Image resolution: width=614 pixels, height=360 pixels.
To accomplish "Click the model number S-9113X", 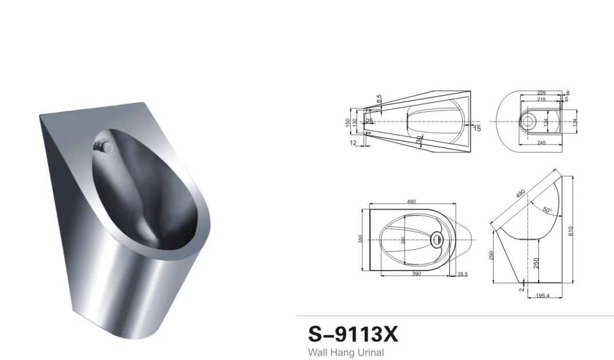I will pyautogui.click(x=353, y=334).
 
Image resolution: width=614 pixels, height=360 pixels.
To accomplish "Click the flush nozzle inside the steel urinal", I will pyautogui.click(x=103, y=146).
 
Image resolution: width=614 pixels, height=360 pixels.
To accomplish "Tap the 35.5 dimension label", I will pyautogui.click(x=462, y=275).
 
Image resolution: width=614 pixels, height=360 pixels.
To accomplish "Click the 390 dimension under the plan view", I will pyautogui.click(x=416, y=275).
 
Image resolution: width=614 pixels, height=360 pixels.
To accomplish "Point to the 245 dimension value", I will pyautogui.click(x=542, y=143).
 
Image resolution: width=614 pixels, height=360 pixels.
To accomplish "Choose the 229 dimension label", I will pyautogui.click(x=542, y=93).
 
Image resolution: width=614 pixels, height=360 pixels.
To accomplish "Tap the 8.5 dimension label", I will pyautogui.click(x=379, y=99).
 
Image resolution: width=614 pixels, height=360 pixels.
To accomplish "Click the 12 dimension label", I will pyautogui.click(x=353, y=142).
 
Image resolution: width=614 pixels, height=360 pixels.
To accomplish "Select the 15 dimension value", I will pyautogui.click(x=476, y=129).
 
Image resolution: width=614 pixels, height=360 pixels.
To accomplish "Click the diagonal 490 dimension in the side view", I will pyautogui.click(x=520, y=194).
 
